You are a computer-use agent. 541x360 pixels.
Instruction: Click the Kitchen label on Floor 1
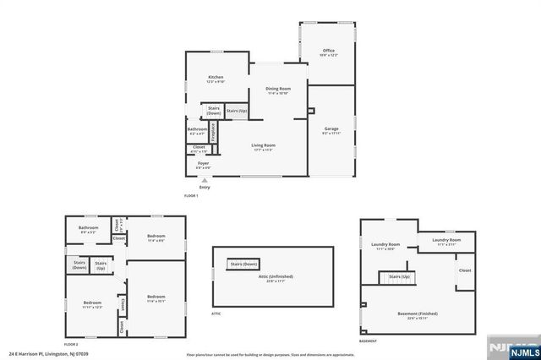[x=216, y=78]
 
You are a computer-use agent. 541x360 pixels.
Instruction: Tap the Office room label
[x=329, y=52]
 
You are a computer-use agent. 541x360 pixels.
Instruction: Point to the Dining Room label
[x=278, y=90]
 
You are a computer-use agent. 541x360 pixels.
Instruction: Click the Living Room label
[x=264, y=146]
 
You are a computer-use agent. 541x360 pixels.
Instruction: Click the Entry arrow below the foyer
[x=205, y=180]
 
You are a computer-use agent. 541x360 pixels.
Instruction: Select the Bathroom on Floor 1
[x=197, y=130]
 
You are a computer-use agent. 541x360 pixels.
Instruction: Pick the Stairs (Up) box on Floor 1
[x=238, y=111]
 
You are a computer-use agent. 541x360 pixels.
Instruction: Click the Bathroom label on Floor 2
[x=89, y=228]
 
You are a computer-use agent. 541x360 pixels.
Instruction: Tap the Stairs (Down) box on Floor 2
[x=79, y=265]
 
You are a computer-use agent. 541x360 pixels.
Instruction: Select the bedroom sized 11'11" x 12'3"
[x=91, y=304]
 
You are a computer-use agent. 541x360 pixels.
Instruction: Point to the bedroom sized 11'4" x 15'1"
[x=156, y=298]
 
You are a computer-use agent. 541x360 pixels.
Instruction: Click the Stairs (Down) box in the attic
[x=243, y=265]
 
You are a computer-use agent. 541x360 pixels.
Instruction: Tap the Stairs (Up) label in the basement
[x=399, y=277]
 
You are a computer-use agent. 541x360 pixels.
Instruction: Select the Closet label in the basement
[x=465, y=270]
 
